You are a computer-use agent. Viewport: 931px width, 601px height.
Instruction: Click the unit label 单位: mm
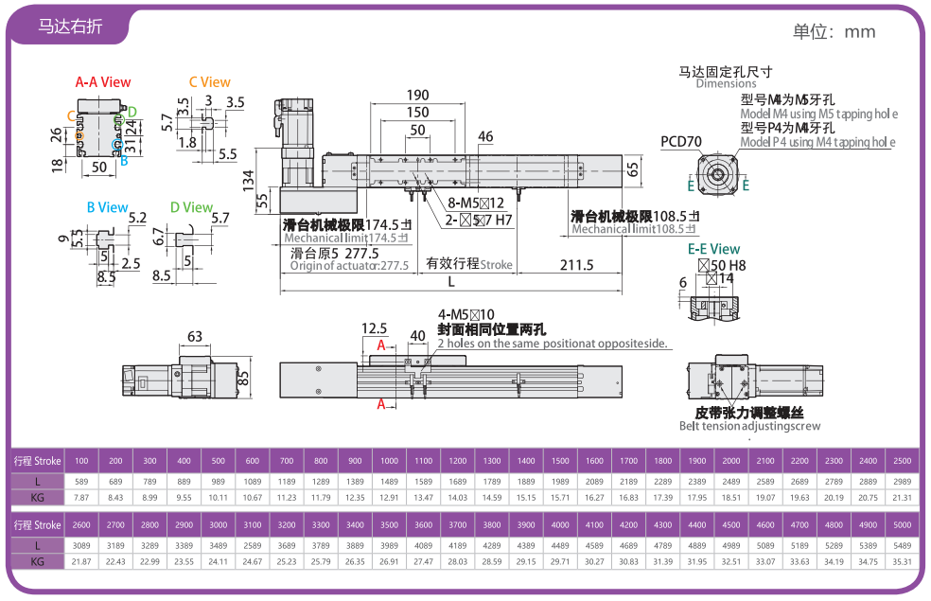click(x=834, y=31)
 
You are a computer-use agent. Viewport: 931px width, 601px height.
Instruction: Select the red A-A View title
click(x=103, y=82)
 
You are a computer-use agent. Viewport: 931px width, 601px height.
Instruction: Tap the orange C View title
click(x=209, y=82)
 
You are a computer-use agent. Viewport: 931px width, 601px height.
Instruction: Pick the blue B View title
click(x=107, y=207)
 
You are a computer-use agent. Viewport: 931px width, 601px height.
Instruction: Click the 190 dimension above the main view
click(x=417, y=95)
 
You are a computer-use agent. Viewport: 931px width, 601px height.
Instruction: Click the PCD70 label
click(x=680, y=142)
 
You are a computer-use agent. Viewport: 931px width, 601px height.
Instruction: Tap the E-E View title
click(x=713, y=249)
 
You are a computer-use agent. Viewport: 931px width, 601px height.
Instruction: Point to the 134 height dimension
click(x=248, y=179)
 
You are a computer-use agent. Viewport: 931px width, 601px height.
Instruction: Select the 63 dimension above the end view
click(x=195, y=336)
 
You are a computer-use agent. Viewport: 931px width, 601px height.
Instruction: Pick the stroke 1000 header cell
click(x=389, y=461)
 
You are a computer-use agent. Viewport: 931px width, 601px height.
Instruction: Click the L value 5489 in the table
click(x=902, y=545)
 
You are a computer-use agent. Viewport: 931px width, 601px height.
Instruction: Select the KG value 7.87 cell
click(x=81, y=497)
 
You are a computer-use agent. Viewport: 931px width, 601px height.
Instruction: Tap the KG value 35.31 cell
click(x=902, y=562)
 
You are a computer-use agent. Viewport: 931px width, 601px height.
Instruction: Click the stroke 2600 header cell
click(x=81, y=524)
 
